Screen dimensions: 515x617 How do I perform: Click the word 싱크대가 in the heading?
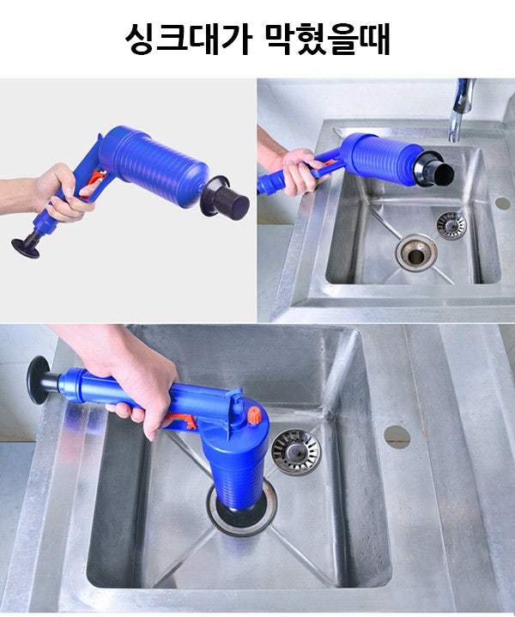188,39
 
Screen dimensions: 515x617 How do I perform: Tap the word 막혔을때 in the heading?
328,39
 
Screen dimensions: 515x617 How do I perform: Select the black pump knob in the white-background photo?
26,247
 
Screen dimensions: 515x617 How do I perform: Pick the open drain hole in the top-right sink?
416,252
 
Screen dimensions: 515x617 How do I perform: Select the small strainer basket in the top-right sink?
451,225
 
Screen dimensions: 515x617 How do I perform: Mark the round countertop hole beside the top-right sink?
502,203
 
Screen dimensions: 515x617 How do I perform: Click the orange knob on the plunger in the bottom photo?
255,415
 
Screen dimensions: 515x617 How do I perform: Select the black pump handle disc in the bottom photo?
38,381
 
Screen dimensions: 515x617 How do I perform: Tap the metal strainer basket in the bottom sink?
295,451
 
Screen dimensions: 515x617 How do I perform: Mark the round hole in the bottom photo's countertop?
397,437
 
